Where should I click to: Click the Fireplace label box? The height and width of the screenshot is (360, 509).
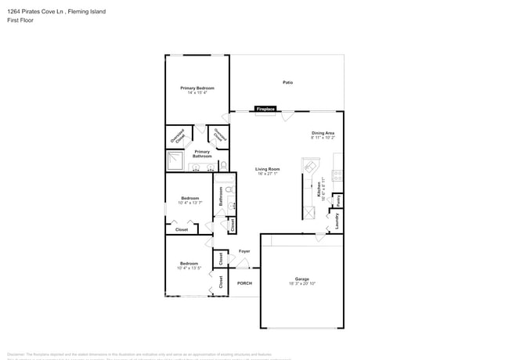pyautogui.click(x=265, y=109)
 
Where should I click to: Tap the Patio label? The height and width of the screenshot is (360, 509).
pyautogui.click(x=287, y=82)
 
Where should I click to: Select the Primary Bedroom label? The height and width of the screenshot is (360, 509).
pyautogui.click(x=197, y=88)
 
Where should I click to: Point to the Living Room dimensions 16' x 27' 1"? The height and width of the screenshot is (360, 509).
pyautogui.click(x=267, y=174)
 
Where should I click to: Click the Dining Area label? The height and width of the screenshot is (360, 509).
pyautogui.click(x=323, y=134)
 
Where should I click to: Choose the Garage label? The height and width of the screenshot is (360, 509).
pyautogui.click(x=301, y=279)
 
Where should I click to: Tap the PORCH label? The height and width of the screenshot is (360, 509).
pyautogui.click(x=244, y=283)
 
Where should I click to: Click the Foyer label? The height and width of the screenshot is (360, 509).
pyautogui.click(x=244, y=251)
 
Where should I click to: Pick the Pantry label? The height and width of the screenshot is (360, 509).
pyautogui.click(x=338, y=200)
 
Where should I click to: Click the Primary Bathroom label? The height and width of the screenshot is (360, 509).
pyautogui.click(x=202, y=154)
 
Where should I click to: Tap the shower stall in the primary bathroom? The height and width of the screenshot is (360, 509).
pyautogui.click(x=175, y=161)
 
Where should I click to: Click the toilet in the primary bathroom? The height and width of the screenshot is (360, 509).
pyautogui.click(x=223, y=165)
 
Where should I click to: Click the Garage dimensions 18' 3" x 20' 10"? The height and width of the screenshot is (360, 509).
pyautogui.click(x=301, y=284)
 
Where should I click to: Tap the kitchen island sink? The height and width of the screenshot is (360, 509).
pyautogui.click(x=311, y=167)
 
